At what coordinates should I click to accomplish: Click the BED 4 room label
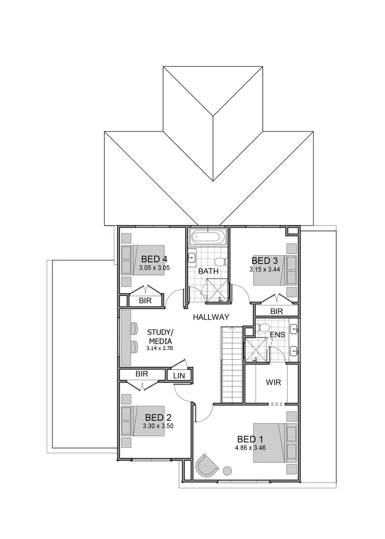pyautogui.click(x=154, y=259)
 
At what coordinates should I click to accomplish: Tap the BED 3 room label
pyautogui.click(x=264, y=261)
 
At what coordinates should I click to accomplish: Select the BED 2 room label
pyautogui.click(x=158, y=418)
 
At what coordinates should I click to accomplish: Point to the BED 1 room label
pyautogui.click(x=250, y=439)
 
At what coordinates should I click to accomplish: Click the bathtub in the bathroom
pyautogui.click(x=208, y=237)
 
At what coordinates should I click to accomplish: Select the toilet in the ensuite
pyautogui.click(x=262, y=327)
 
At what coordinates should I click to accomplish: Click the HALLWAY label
pyautogui.click(x=211, y=317)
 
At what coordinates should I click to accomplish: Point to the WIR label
pyautogui.click(x=273, y=382)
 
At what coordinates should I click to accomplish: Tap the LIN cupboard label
pyautogui.click(x=179, y=376)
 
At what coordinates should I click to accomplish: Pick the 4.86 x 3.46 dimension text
pyautogui.click(x=250, y=448)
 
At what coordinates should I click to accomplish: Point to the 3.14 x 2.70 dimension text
pyautogui.click(x=159, y=348)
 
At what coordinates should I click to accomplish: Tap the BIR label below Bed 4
pyautogui.click(x=145, y=301)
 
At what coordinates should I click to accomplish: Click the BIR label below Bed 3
pyautogui.click(x=276, y=311)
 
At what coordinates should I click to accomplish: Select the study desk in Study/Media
pyautogui.click(x=127, y=338)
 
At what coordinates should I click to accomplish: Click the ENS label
pyautogui.click(x=277, y=334)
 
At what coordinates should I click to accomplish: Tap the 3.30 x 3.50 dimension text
pyautogui.click(x=158, y=426)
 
